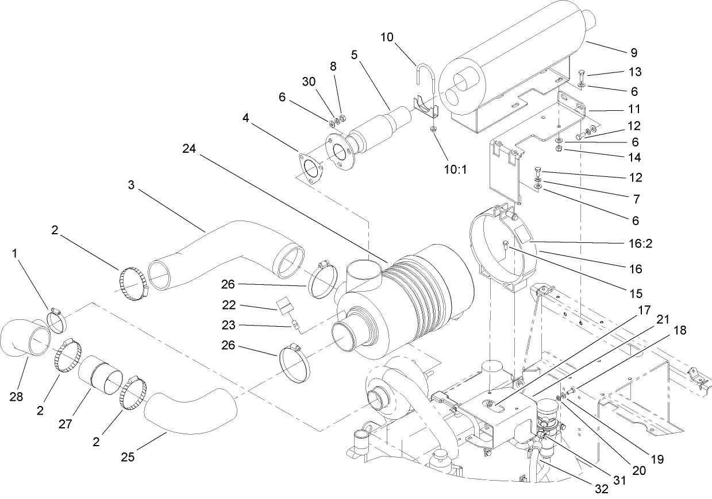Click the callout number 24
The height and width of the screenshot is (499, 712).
coord(190,148)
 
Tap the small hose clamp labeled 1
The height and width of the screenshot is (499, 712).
coord(56,319)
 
